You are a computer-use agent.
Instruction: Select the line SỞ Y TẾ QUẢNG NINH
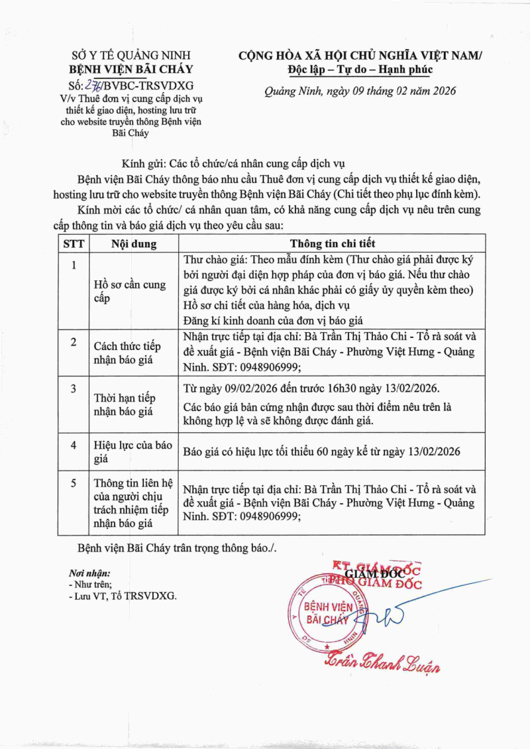pos(131,56)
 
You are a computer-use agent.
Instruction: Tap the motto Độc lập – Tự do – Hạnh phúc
pos(360,69)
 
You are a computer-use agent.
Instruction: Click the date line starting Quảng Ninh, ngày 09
pos(360,91)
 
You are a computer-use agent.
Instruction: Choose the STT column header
pos(74,243)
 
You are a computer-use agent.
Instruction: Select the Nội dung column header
pos(134,243)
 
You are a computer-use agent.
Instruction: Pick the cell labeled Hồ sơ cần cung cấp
pos(129,292)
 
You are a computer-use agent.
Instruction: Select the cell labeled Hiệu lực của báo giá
pos(132,451)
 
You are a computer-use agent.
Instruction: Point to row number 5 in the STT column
pos(74,483)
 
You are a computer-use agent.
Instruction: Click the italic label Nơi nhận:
pos(89,573)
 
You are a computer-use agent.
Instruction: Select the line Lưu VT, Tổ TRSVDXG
pos(123,597)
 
